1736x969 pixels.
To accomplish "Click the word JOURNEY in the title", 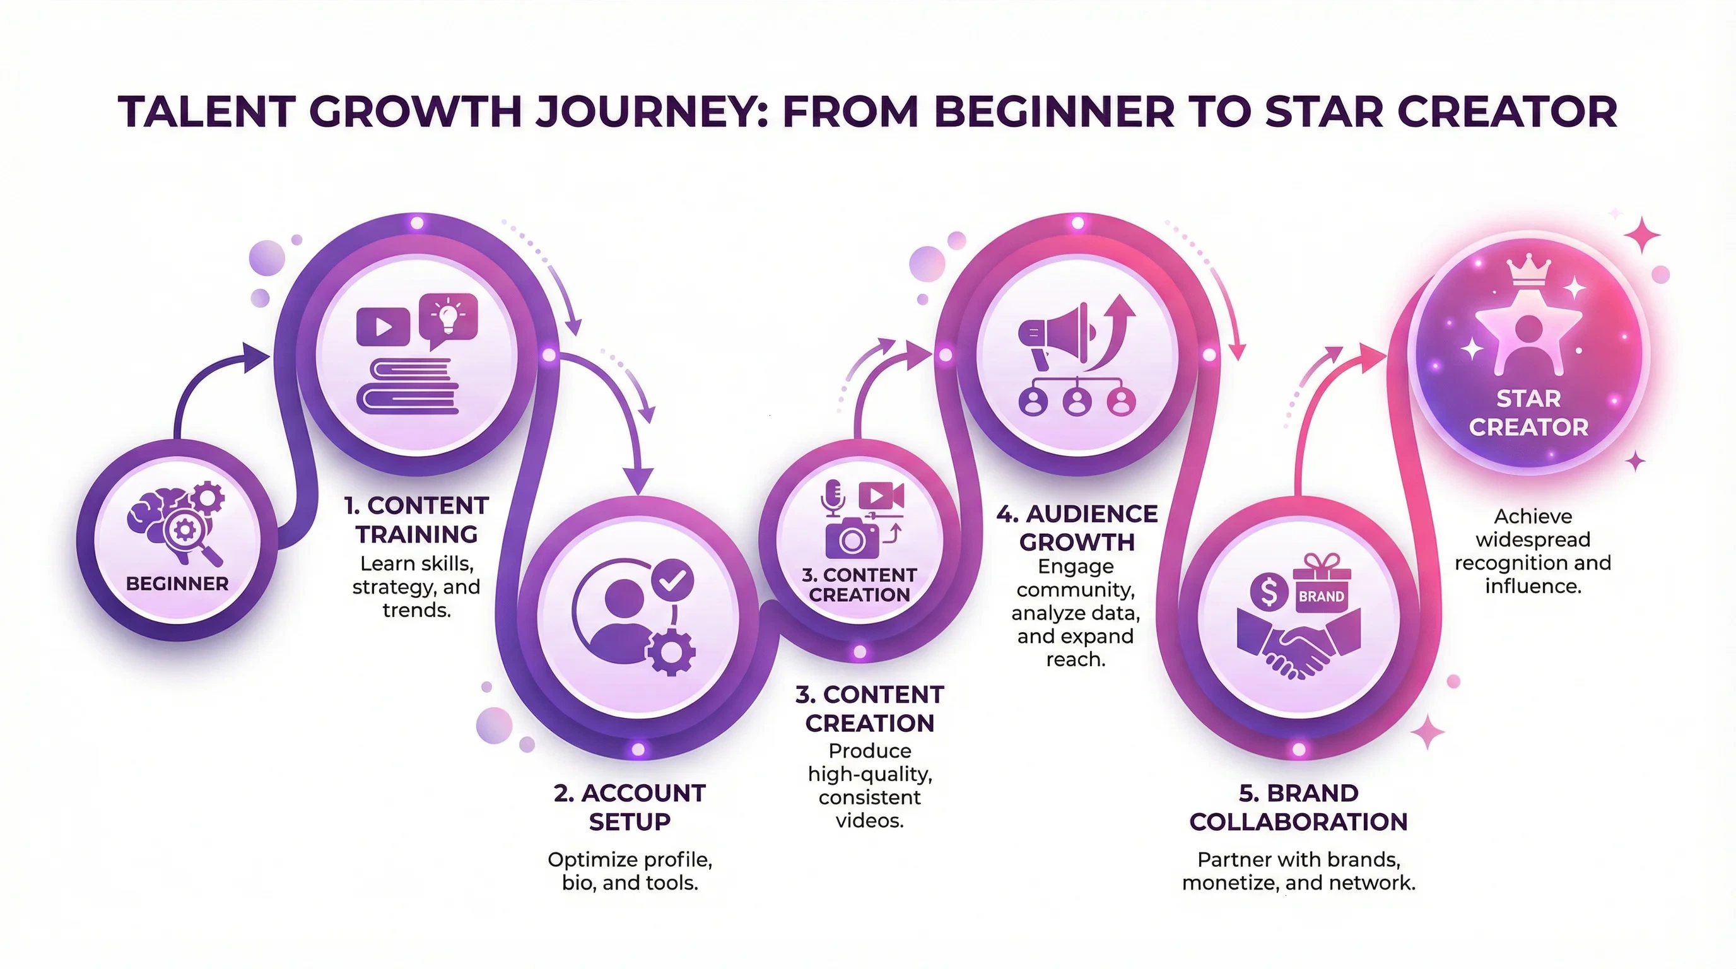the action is (x=650, y=112).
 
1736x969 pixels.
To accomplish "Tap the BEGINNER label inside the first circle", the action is (x=177, y=584).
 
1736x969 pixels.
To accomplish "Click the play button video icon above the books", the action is (x=383, y=327).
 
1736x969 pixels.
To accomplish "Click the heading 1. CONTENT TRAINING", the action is (x=416, y=520).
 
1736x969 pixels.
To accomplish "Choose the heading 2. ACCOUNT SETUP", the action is (x=630, y=807).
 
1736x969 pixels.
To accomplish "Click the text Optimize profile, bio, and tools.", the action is (x=630, y=871).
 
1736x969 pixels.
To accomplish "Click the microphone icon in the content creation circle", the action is (x=833, y=498).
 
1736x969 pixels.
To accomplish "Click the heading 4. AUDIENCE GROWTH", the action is (x=1077, y=527).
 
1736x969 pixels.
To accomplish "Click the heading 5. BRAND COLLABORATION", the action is (x=1299, y=807).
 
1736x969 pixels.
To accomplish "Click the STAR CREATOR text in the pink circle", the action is (x=1528, y=413).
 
